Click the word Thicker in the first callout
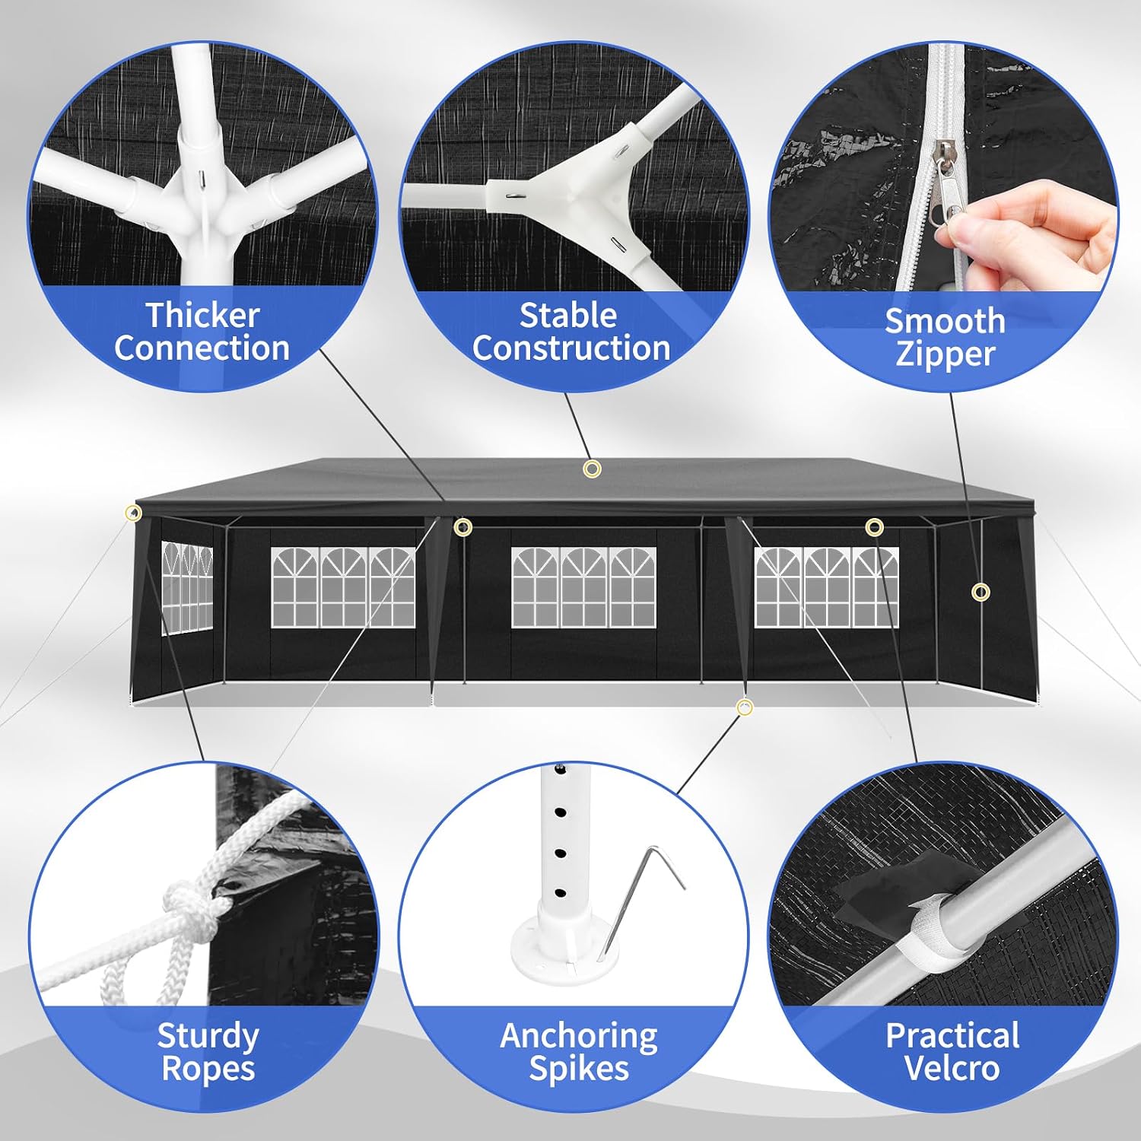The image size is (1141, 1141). pos(203,315)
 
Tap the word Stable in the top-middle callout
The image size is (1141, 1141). pos(567,315)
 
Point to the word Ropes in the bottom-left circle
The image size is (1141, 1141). pos(208,1069)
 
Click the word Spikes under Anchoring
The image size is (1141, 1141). pos(579,1069)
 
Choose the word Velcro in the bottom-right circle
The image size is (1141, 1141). pos(952,1068)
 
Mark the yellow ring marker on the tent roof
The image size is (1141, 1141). pos(592,469)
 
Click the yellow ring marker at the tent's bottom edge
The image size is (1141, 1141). pos(745,707)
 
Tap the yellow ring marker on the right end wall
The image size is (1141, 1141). pos(981,592)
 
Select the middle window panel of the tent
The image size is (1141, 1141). pos(583,587)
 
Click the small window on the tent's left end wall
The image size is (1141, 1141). pos(186,587)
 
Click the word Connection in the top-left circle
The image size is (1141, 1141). pos(202,348)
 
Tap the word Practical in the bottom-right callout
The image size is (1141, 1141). pos(952,1036)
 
